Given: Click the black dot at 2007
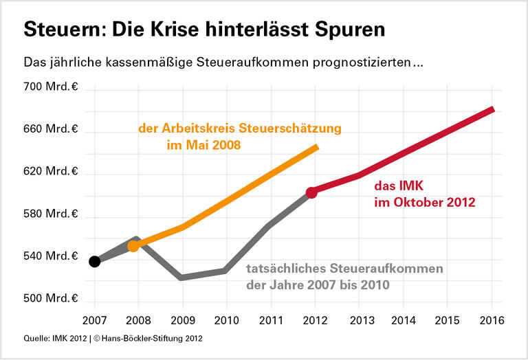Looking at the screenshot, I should click(95, 261).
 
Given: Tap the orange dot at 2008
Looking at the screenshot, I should click(134, 245).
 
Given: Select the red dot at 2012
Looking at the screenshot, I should click(311, 193).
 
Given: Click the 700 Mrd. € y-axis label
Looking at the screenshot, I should click(51, 87).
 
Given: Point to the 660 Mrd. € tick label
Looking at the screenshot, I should click(51, 130).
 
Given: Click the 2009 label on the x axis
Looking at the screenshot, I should click(182, 321).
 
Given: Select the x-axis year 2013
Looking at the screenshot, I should click(359, 321).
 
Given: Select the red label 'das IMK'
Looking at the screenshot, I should click(399, 185).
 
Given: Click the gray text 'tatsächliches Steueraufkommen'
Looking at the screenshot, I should click(344, 269).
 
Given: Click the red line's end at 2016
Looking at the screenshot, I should click(492, 109).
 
